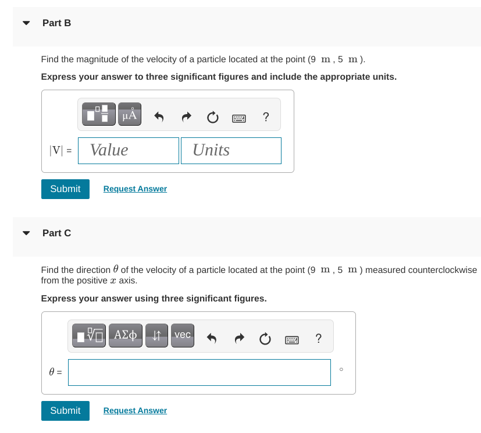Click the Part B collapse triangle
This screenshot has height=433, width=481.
pos(26,23)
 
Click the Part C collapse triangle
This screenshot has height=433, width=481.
pos(26,233)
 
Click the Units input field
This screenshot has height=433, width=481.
pos(231,151)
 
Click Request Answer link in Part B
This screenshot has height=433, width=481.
pos(135,189)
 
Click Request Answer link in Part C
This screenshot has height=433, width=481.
pos(135,411)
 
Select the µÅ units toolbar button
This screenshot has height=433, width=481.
pos(129,113)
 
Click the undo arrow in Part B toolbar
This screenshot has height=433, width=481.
pos(159,117)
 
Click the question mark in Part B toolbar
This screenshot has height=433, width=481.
pos(266,117)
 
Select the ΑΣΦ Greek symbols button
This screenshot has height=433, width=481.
pos(126,336)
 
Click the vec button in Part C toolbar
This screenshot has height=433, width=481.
pos(182,336)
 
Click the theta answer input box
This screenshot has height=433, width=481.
pos(199,372)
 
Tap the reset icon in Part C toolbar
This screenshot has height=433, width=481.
pos(265,339)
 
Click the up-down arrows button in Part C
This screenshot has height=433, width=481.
pos(157,336)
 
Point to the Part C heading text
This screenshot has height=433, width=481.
pos(57,233)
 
